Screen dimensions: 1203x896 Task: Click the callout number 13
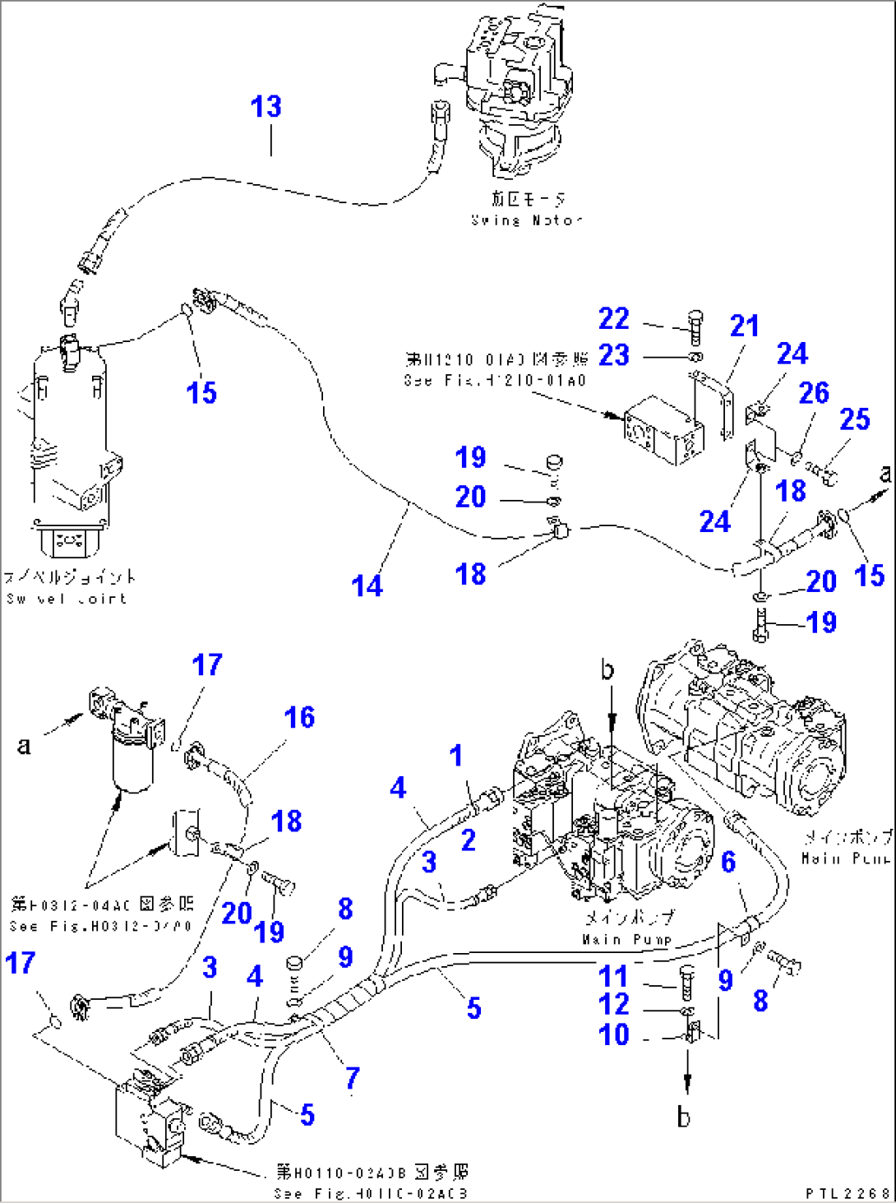point(266,107)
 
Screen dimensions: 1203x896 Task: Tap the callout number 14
point(367,586)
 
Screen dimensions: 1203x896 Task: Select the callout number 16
point(299,718)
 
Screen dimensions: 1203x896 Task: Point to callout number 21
point(744,326)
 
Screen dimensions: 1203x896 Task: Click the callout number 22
point(613,319)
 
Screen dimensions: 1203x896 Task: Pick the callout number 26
point(814,393)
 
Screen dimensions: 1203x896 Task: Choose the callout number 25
point(854,419)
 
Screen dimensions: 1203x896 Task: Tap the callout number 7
point(352,1077)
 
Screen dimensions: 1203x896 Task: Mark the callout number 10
point(614,1035)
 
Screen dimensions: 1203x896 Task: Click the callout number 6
point(728,862)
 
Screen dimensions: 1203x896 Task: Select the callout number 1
point(456,756)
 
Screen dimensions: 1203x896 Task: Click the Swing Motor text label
point(527,220)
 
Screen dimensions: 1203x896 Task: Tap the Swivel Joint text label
point(67,599)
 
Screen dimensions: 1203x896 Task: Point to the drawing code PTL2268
point(848,1192)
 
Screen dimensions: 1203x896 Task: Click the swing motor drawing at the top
point(518,90)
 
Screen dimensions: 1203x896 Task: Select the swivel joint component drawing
point(70,444)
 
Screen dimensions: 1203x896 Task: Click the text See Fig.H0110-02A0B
point(371,1192)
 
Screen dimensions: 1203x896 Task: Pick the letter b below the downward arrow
point(683,1117)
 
